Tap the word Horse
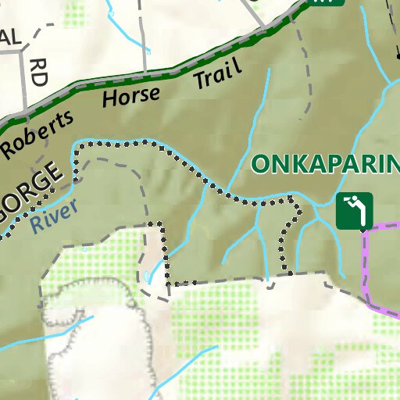pos(130,97)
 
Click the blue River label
pos(55,216)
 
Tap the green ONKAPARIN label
pos(325,164)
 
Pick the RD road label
pos(35,72)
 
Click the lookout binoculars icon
pos(355,210)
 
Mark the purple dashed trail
pos(364,266)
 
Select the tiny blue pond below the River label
pos(147,277)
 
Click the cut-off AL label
pos(10,37)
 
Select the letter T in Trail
pos(198,81)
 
